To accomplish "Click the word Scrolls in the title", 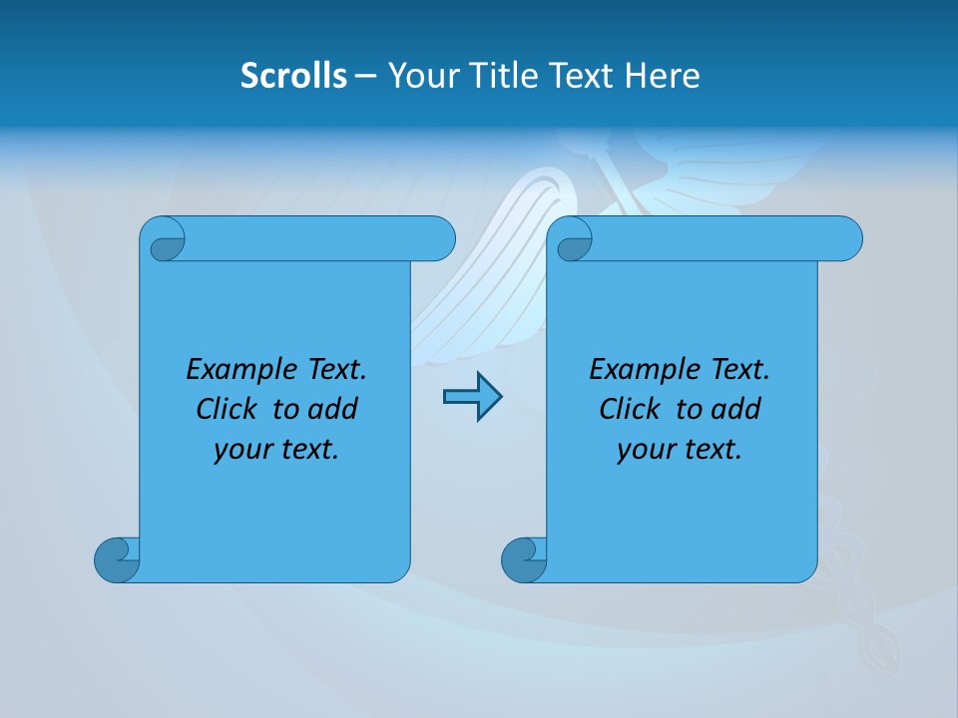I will point(293,75).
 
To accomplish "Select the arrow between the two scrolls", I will point(472,398).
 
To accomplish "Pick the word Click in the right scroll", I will point(631,409).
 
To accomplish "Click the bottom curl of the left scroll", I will point(116,559).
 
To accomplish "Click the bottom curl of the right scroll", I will point(523,559).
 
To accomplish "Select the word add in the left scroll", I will point(332,409).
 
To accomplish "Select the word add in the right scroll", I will point(735,409).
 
